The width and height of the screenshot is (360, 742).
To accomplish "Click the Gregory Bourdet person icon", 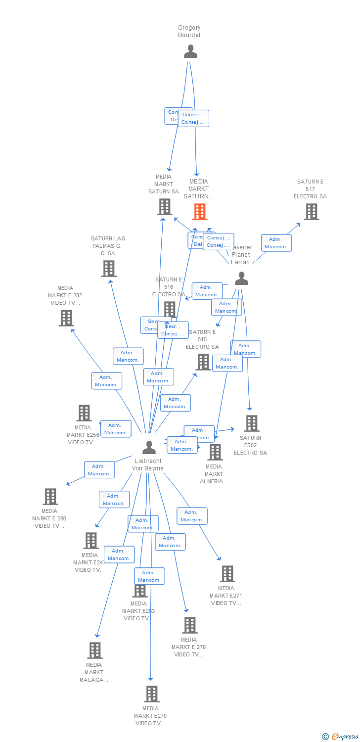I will (x=190, y=51).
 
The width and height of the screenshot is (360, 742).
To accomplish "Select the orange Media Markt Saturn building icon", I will (x=199, y=212).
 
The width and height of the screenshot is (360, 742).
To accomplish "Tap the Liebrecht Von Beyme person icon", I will (x=149, y=447).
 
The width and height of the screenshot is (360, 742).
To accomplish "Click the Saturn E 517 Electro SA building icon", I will (x=311, y=212).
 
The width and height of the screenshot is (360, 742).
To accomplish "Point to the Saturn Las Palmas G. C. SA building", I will (x=109, y=269).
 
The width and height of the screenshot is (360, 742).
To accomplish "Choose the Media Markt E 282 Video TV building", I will (x=66, y=318).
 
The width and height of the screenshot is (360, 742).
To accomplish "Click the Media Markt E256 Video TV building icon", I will (x=84, y=413).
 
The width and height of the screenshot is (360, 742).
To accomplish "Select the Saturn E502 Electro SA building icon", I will (x=252, y=423).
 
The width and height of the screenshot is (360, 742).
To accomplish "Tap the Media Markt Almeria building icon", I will (x=215, y=452).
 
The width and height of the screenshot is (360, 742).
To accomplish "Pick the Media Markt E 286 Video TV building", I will (x=50, y=497).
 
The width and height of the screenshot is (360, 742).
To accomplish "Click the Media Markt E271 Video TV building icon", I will (x=227, y=574).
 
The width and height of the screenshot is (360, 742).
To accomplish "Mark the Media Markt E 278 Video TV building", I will (x=190, y=625).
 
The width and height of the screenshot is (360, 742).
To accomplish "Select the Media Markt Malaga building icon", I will (x=95, y=650).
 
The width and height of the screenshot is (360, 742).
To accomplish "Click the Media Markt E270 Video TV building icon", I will (x=152, y=694).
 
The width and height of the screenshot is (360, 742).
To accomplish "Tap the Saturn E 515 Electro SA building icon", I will (x=203, y=362).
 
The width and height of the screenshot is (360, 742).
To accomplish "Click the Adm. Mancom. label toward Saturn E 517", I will (x=276, y=243).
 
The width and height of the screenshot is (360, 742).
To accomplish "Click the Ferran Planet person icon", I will (x=241, y=279).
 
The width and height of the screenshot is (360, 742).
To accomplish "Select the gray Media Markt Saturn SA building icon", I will (x=165, y=207).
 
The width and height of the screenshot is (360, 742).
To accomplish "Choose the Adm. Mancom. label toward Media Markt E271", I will (x=192, y=516).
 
